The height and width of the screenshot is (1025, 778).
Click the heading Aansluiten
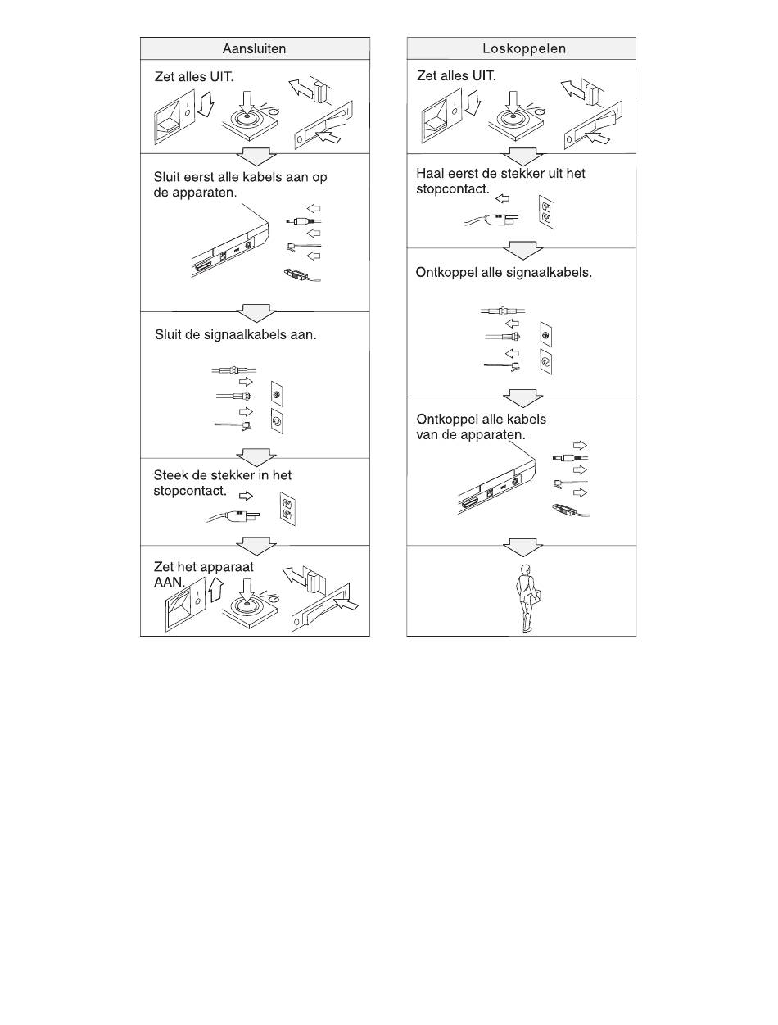(x=254, y=48)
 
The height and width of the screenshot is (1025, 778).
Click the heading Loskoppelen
(x=524, y=48)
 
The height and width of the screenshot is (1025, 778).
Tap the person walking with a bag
(x=528, y=598)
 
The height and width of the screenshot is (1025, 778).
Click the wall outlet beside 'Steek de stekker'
(x=287, y=509)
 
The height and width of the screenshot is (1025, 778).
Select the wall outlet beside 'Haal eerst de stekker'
(x=546, y=212)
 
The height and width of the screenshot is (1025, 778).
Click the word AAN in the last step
(x=169, y=583)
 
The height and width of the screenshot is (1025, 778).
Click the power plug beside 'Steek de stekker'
(x=233, y=516)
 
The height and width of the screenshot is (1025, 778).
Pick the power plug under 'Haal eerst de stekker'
(x=491, y=219)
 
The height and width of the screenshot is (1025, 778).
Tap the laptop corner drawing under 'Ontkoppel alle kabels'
(x=496, y=487)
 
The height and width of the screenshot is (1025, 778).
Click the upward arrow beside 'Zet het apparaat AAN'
(x=215, y=589)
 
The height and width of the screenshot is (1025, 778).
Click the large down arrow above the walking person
(x=522, y=547)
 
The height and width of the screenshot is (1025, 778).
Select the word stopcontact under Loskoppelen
(x=452, y=189)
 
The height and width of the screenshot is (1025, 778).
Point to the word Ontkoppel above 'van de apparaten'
(x=446, y=420)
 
